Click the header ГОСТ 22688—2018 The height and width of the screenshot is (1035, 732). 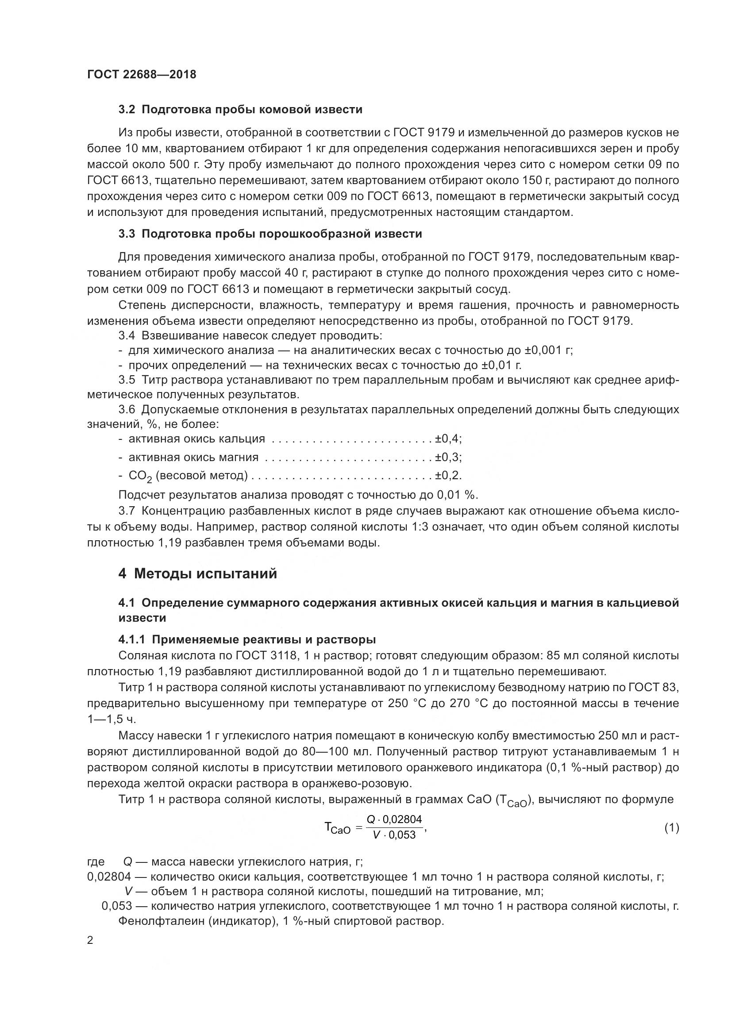click(x=142, y=74)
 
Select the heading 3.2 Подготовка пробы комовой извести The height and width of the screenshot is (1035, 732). click(x=240, y=110)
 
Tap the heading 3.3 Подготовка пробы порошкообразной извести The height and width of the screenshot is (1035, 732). click(x=270, y=234)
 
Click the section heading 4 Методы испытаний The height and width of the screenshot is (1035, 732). click(x=197, y=574)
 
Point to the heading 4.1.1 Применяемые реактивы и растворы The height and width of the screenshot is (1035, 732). click(x=247, y=640)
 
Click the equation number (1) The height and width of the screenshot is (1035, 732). click(x=672, y=828)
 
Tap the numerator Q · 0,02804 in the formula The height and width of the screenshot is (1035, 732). click(x=394, y=820)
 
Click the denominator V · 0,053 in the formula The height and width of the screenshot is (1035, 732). click(x=394, y=835)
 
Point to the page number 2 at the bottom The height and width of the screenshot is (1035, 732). click(x=90, y=941)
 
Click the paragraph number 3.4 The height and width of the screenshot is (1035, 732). click(x=127, y=335)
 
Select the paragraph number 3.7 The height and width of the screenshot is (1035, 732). click(x=127, y=511)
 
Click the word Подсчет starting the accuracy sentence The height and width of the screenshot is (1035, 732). click(x=142, y=495)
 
